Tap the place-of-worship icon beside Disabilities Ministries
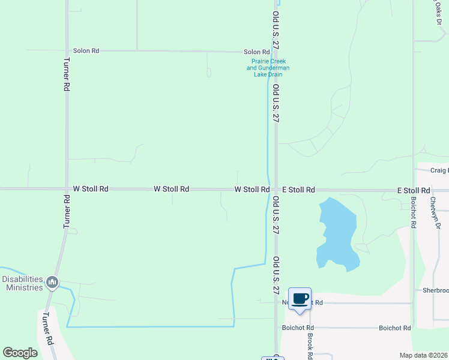[x=52, y=281]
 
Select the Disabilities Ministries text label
[x=22, y=283]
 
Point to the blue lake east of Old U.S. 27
[x=337, y=234]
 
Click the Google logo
[x=20, y=353]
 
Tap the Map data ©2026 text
[x=423, y=355]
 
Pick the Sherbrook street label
[x=435, y=290]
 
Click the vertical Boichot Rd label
[x=414, y=212]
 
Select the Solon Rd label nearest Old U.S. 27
[x=256, y=52]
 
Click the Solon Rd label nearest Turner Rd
[x=86, y=51]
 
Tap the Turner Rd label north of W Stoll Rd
[x=66, y=74]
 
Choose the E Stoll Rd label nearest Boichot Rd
[x=414, y=190]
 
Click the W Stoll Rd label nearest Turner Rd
[x=91, y=189]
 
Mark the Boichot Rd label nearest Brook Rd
[x=298, y=328]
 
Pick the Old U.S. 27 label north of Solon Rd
[x=276, y=29]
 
